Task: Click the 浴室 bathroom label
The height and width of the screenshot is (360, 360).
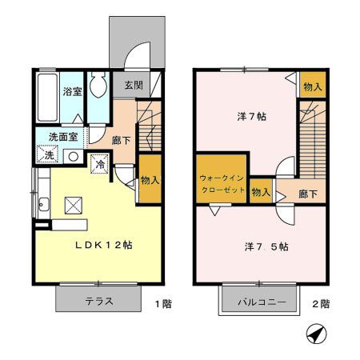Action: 73,92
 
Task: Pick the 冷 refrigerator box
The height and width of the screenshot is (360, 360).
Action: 101,163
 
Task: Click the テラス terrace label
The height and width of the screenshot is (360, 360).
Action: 99,302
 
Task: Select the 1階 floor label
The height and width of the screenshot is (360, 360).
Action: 161,303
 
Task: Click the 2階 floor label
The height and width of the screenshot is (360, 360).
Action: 322,303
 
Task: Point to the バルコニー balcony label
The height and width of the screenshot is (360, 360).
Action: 260,302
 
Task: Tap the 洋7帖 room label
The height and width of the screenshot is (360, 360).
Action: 252,117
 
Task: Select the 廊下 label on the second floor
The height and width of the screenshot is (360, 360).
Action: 308,194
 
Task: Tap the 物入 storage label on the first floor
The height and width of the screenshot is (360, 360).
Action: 150,180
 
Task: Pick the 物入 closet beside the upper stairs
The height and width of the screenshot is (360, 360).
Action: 312,86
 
